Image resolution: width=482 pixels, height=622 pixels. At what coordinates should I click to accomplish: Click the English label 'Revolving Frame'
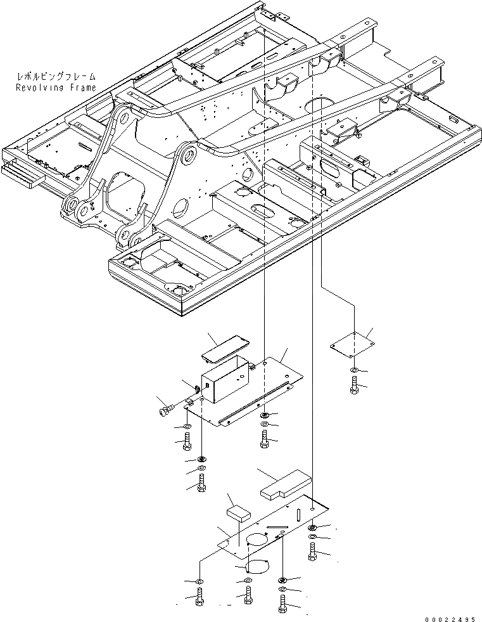click(x=56, y=87)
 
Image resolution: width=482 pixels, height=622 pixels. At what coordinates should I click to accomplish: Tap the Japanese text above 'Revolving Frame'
click(x=56, y=77)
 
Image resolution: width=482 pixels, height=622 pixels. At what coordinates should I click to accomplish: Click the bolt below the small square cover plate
click(x=353, y=385)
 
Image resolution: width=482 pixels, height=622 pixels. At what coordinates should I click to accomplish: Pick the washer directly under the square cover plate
click(x=353, y=370)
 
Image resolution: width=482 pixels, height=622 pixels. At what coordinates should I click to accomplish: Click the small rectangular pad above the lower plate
click(x=238, y=512)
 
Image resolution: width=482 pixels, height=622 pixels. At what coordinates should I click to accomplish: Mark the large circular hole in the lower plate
click(x=257, y=540)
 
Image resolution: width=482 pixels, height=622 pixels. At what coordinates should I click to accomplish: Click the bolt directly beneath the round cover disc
click(x=247, y=597)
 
